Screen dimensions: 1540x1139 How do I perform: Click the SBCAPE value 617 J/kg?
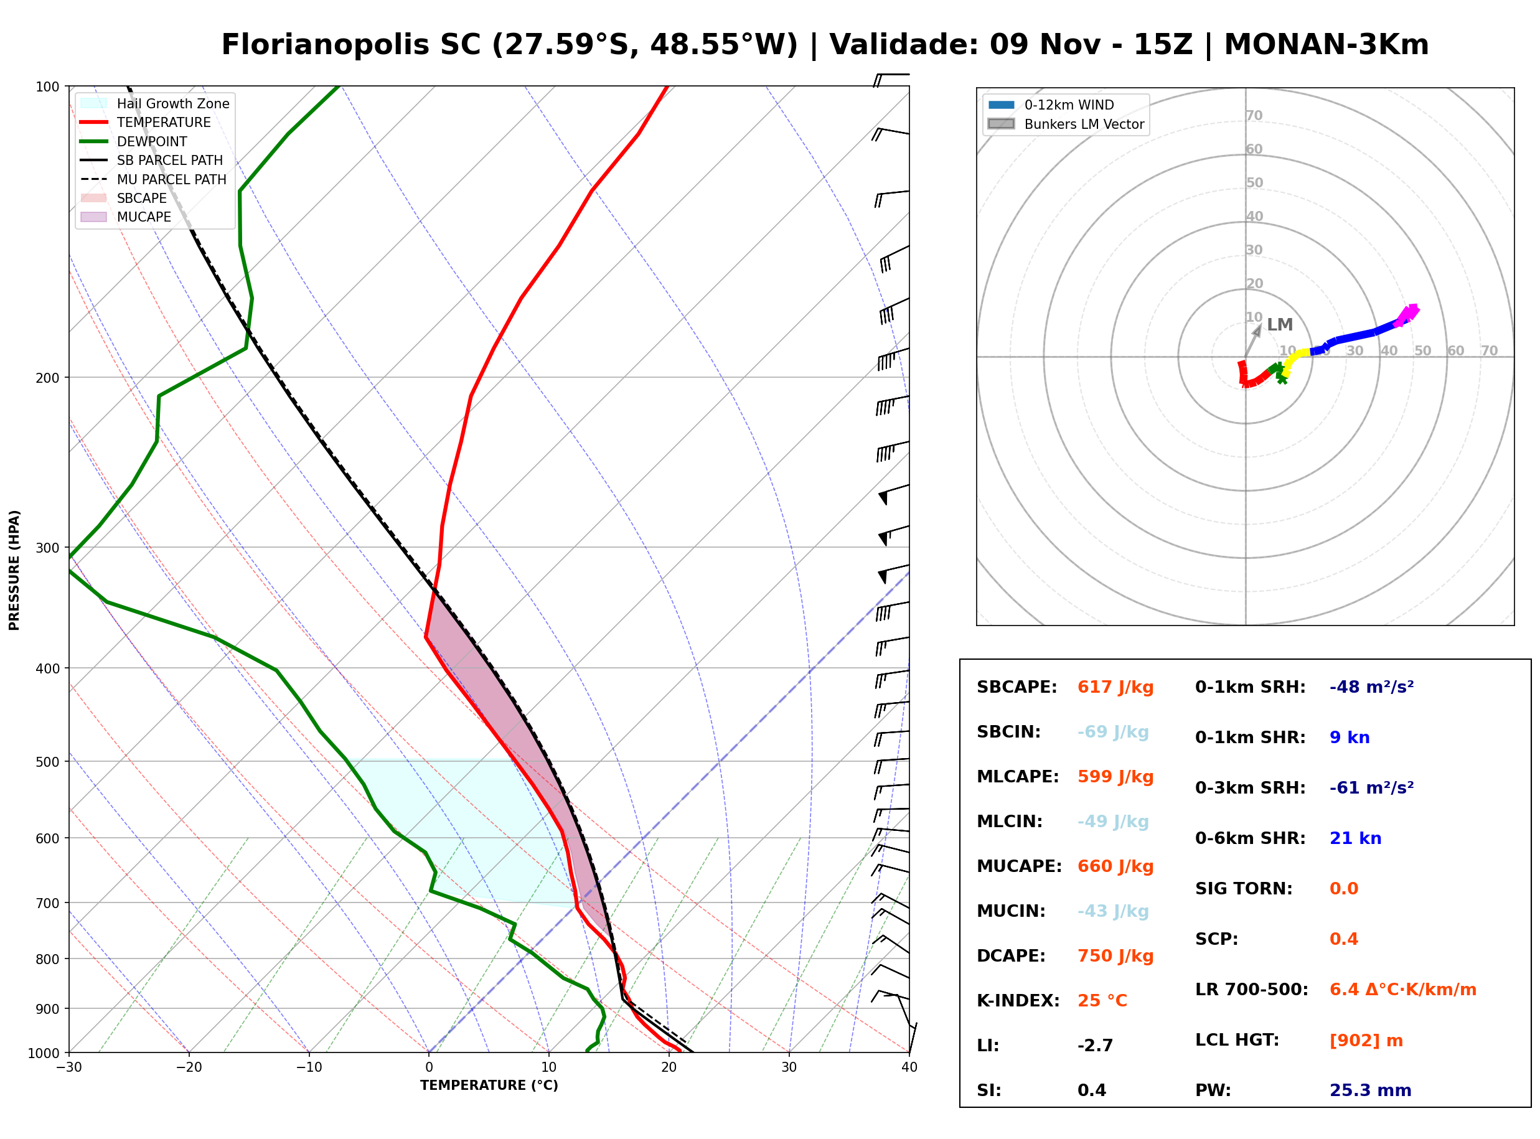click(1115, 687)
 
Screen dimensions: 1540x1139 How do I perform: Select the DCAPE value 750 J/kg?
click(1115, 956)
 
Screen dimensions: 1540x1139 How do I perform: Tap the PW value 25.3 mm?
click(1371, 1090)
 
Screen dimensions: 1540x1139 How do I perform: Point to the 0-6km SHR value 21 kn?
click(1355, 838)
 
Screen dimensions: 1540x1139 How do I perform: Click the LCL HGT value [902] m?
click(1366, 1041)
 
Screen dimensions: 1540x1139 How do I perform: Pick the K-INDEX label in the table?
click(1018, 1001)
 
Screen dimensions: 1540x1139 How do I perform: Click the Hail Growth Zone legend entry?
click(155, 103)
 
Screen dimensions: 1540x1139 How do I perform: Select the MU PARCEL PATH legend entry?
click(154, 179)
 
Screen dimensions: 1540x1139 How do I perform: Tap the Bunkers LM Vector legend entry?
click(1066, 124)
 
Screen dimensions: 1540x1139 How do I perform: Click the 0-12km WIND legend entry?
click(1051, 105)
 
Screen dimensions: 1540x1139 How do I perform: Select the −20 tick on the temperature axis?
click(189, 1067)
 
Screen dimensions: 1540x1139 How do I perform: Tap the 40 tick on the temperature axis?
click(909, 1067)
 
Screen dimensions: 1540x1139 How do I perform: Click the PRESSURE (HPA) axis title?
click(14, 570)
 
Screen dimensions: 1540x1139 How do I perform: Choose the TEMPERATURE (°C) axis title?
click(489, 1086)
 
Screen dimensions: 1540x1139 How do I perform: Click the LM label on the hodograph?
click(1280, 325)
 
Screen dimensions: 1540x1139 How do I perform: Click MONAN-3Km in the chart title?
click(1326, 45)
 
